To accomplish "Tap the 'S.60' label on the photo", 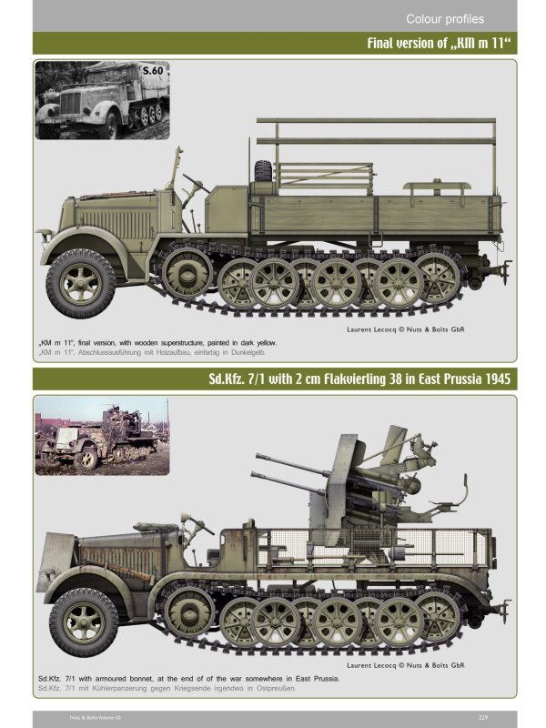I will pos(152,69).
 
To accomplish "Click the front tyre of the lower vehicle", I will pos(83,622).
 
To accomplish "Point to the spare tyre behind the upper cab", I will pos(263,171).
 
